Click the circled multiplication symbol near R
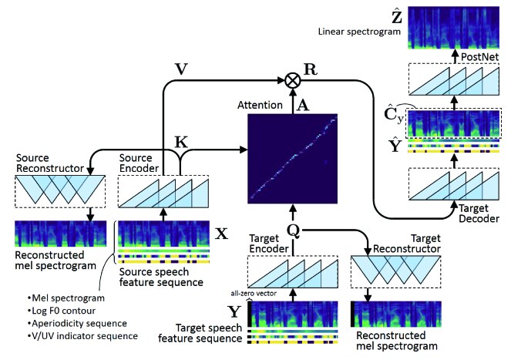point(292,79)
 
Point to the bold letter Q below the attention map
point(293,230)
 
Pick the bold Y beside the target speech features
point(234,311)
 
